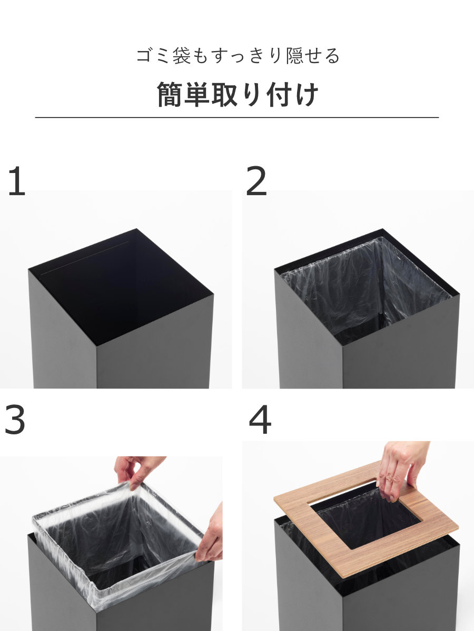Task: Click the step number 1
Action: tap(17, 181)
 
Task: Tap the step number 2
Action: tap(256, 181)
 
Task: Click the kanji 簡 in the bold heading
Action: tap(170, 94)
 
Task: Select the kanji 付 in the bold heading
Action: tap(279, 94)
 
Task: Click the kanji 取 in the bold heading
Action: tap(224, 94)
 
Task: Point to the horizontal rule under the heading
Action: tap(237, 117)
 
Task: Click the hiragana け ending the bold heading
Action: tap(306, 94)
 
